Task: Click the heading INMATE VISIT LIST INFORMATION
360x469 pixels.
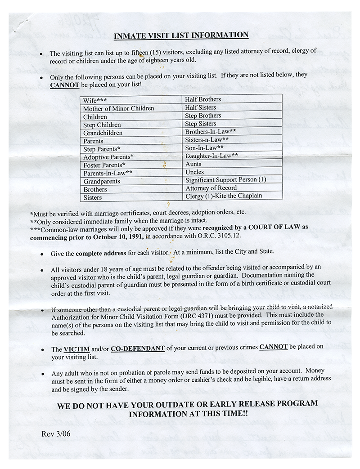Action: tap(180, 36)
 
